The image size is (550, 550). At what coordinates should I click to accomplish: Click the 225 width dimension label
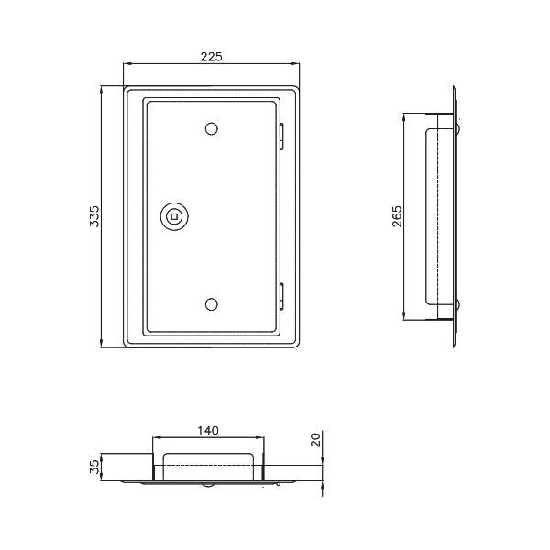[x=212, y=57]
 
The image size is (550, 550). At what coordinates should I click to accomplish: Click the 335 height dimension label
[x=94, y=216]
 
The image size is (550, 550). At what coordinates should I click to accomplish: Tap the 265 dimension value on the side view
[x=397, y=216]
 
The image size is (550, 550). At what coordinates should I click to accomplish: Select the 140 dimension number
[x=208, y=430]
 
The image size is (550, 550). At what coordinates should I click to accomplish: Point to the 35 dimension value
[x=94, y=467]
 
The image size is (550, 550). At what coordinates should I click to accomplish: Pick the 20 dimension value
[x=316, y=439]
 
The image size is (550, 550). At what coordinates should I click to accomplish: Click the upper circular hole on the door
[x=211, y=128]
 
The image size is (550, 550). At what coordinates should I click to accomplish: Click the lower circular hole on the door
[x=211, y=304]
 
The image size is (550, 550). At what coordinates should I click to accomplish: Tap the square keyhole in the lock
[x=174, y=216]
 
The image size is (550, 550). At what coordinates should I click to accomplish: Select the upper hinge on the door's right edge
[x=281, y=137]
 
